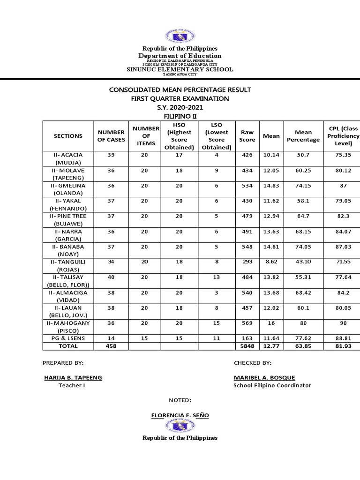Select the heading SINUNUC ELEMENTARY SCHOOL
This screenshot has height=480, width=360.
pos(180,69)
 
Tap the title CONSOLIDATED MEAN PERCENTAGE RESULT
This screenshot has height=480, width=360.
pos(180,90)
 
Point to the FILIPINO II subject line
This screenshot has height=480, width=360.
pos(180,116)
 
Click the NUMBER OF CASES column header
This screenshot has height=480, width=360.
pos(111,136)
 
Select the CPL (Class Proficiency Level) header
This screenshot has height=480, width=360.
pos(343,136)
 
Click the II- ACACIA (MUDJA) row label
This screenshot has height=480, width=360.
pos(68,158)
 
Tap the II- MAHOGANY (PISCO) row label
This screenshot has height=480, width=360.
pos(68,327)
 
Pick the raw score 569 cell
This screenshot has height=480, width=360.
pos(247,323)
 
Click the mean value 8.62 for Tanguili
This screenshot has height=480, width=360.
pos(271,262)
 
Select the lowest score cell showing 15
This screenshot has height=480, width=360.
pos(217,323)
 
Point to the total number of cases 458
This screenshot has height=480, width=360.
pos(111,346)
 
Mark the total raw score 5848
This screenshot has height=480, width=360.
pos(247,346)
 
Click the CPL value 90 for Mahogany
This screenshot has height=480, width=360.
pos(343,323)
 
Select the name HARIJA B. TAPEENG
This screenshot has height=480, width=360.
pos(73,377)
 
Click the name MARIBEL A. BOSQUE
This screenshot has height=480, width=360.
pos(264,377)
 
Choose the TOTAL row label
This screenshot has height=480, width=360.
pos(68,346)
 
